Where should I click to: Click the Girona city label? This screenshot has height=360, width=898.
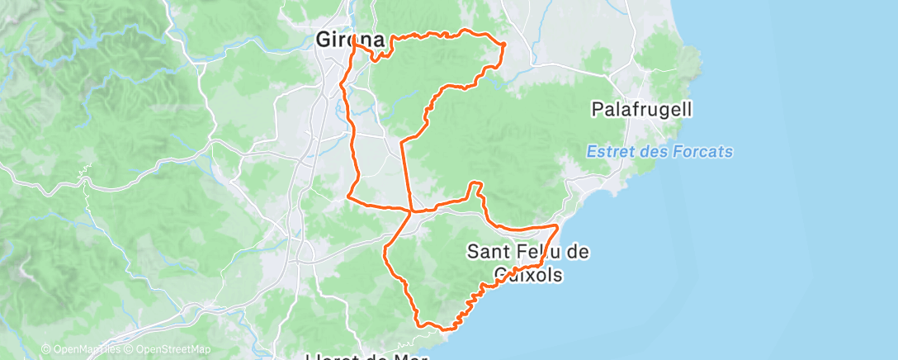coord(351,39)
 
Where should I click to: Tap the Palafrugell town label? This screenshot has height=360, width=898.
coord(642,108)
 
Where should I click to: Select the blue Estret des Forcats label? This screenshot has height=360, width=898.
coord(659,152)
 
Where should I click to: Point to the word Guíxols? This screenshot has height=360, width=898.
coord(528,274)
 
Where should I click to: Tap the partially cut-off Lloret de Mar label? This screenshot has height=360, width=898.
coord(366,355)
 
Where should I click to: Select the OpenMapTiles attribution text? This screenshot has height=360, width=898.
coord(85,349)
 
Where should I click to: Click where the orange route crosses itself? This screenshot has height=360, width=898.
coord(411,211)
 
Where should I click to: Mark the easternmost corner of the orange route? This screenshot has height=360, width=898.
coord(559,225)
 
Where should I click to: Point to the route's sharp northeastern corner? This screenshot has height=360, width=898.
coord(504,43)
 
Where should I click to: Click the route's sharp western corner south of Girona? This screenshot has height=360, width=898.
coord(349,197)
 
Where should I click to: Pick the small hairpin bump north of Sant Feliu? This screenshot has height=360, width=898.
coord(475,185)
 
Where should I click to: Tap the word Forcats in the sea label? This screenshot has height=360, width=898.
coord(702,152)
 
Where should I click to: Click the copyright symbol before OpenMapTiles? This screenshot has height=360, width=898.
coord(46,349)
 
